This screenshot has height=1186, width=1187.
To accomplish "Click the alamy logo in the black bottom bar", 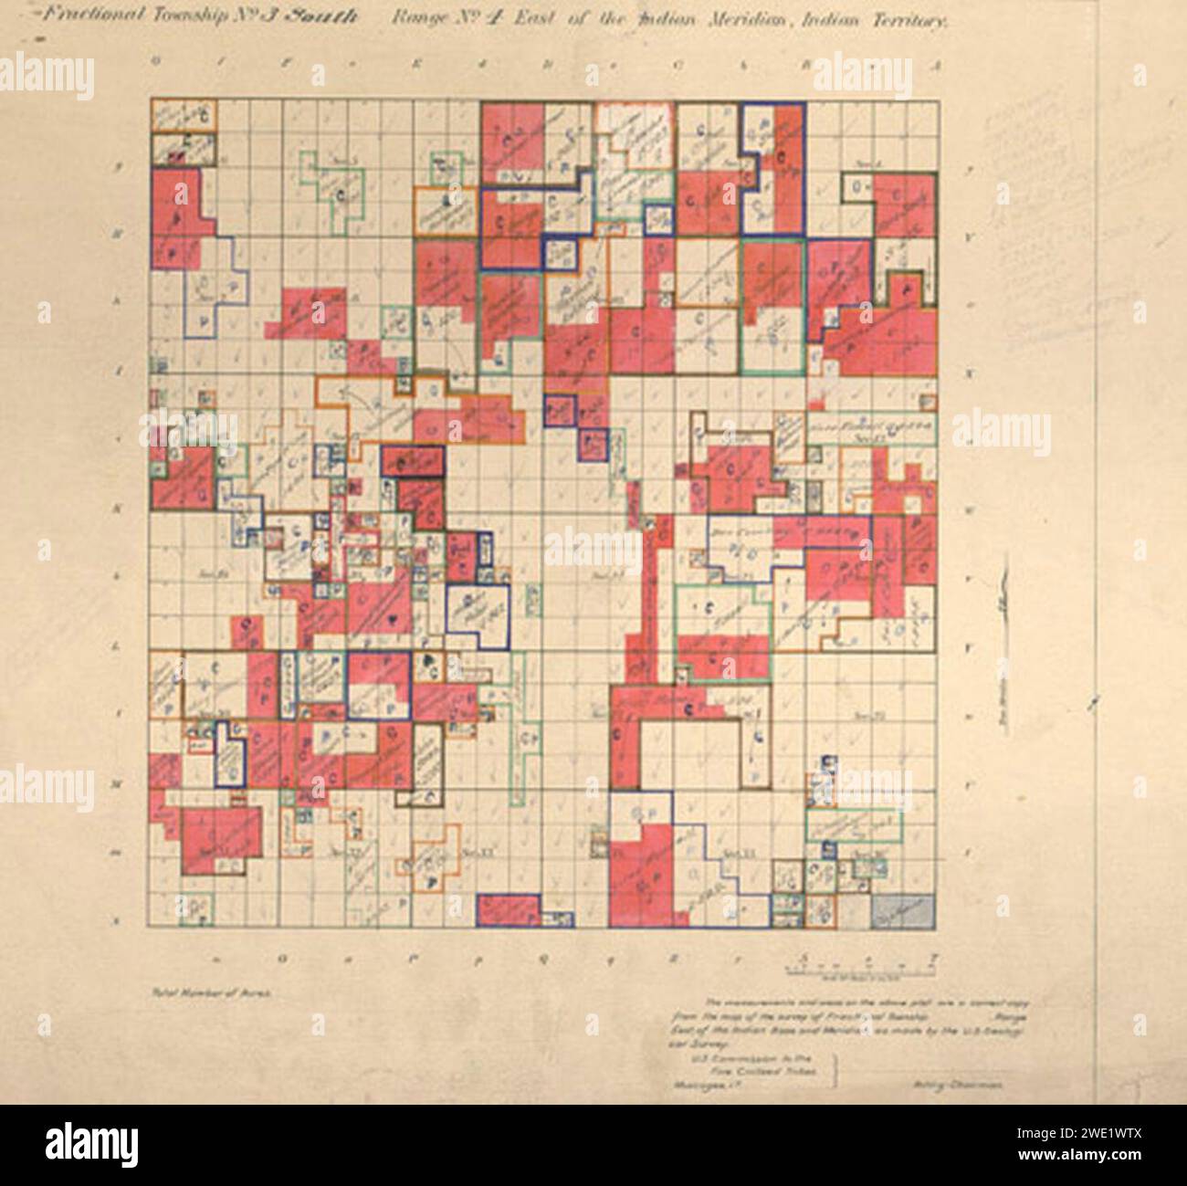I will click(x=91, y=1142).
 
